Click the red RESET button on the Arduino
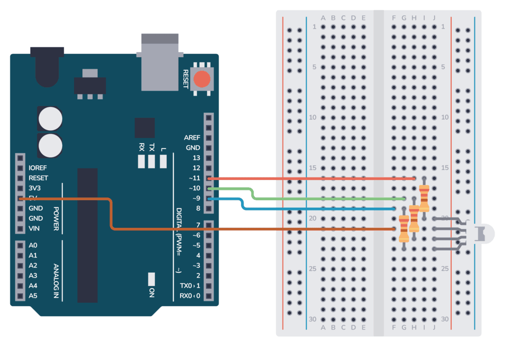201,79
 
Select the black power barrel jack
47,67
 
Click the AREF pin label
192,138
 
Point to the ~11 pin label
193,178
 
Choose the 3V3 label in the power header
36,188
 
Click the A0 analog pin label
33,245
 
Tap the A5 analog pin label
33,296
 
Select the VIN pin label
35,228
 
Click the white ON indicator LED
151,279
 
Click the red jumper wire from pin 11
311,178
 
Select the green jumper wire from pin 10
325,198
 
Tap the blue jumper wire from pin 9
321,209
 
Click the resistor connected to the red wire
424,197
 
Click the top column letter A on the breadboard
323,18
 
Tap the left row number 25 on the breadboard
312,269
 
